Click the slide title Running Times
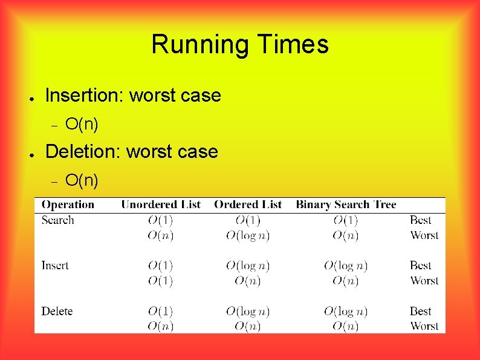(x=240, y=45)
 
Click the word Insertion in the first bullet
(x=85, y=96)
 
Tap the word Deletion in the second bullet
(x=83, y=151)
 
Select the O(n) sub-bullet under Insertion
(x=82, y=125)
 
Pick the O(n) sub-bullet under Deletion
(x=82, y=180)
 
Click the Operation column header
(x=68, y=205)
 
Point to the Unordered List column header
(x=160, y=205)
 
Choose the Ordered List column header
(x=248, y=205)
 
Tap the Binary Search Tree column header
(x=346, y=205)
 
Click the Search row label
(x=57, y=220)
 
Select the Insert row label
(x=55, y=265)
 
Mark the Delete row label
(x=57, y=311)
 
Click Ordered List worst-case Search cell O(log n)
(x=248, y=235)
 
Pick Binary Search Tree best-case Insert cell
(x=346, y=266)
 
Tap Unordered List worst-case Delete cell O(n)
(x=160, y=326)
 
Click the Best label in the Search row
(x=421, y=220)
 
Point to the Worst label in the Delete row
(x=424, y=326)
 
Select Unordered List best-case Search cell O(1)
(x=160, y=220)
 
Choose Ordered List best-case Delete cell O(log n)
(x=248, y=312)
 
